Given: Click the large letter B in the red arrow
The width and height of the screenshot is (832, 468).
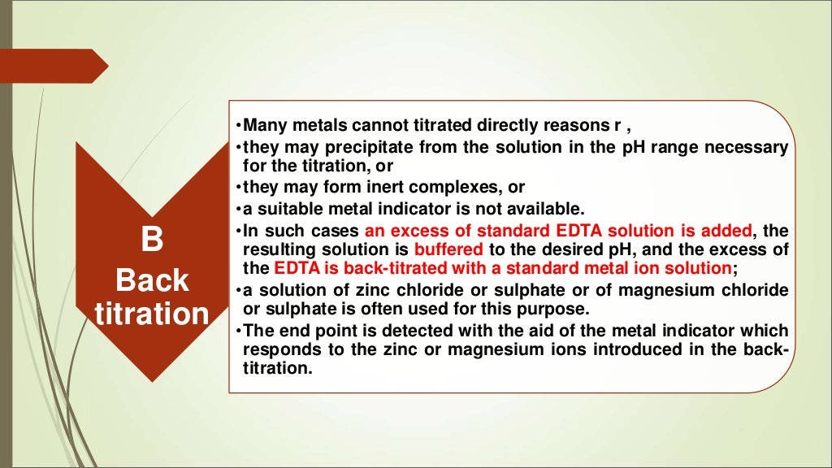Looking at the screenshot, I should (152, 241).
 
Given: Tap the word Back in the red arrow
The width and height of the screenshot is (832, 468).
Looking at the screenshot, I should (152, 280).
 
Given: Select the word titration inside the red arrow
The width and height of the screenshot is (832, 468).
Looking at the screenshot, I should (152, 314).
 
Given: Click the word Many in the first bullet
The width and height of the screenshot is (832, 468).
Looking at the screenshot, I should (262, 126).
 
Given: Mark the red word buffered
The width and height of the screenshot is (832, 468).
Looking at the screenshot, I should (448, 248).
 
